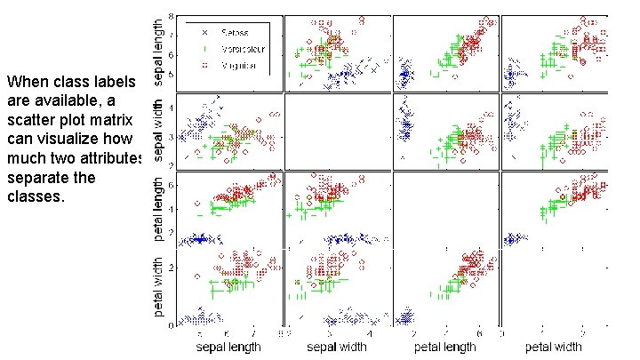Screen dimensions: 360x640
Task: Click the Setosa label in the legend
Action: pos(233,32)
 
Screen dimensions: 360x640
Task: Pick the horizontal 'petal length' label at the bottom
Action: pos(446,346)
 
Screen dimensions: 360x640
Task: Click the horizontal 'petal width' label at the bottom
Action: pos(556,346)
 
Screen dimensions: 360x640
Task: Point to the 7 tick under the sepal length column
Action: pos(254,332)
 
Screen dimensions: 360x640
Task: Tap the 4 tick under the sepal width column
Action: pos(369,332)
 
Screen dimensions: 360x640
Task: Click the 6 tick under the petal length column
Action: pos(478,332)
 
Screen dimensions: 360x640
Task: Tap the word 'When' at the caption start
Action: pos(25,82)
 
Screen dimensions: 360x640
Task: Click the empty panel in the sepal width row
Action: pos(337,132)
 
